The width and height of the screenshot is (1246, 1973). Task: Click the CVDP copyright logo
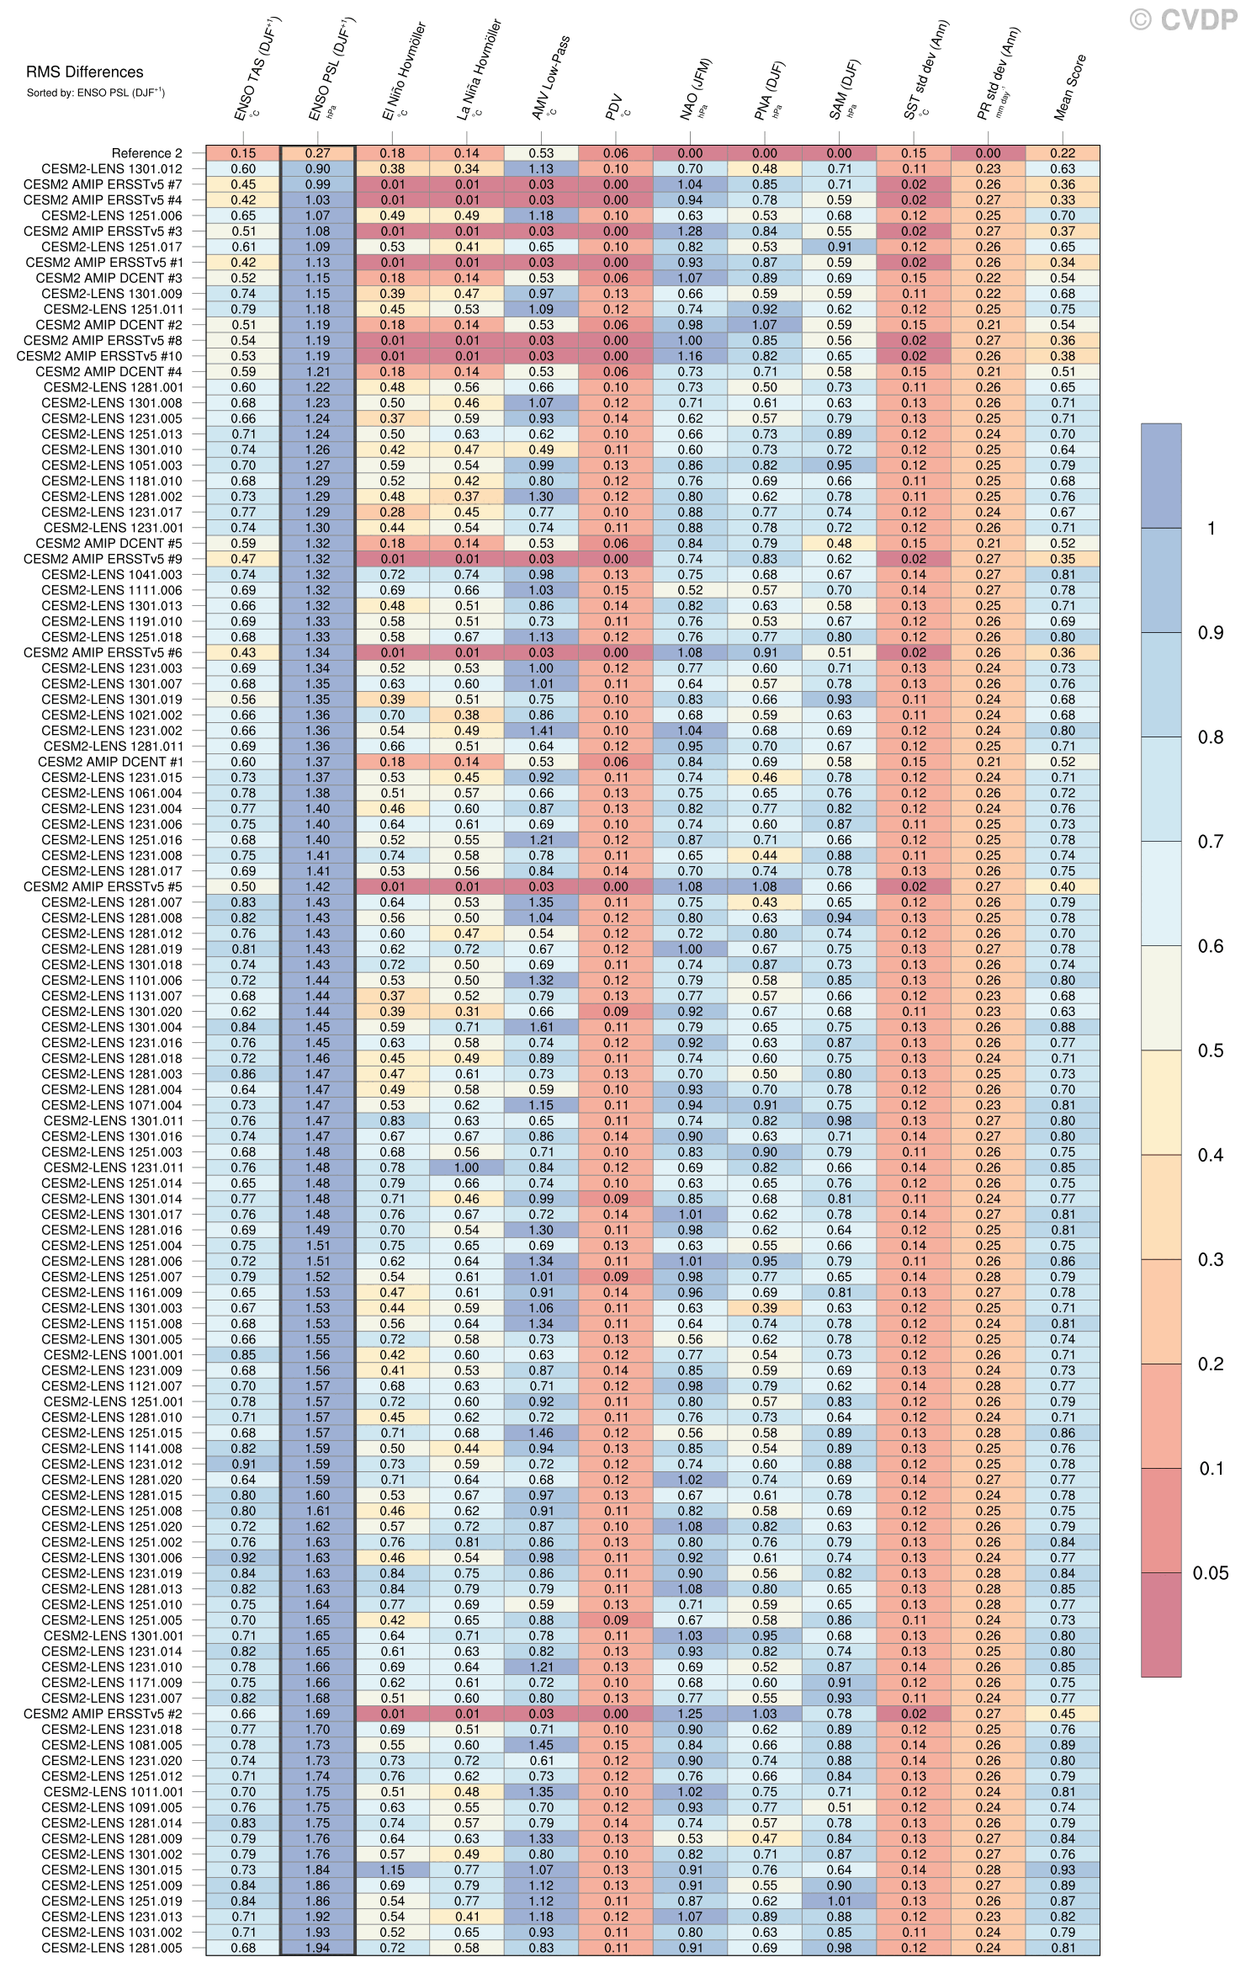pos(1183,19)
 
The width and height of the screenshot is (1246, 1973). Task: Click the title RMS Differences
pos(84,72)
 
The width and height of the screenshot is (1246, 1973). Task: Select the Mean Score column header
pos(1070,88)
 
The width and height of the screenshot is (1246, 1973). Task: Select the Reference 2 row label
pos(146,153)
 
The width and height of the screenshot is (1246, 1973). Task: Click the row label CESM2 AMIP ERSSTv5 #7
pos(103,184)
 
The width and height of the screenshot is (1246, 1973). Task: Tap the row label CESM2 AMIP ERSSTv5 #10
pos(99,356)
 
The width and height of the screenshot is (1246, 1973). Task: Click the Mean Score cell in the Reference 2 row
pos(1062,153)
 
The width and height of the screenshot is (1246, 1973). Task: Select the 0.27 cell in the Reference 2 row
pos(318,153)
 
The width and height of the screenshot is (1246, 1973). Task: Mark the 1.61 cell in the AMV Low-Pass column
pos(541,1027)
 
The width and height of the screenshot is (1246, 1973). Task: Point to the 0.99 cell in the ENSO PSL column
pos(318,184)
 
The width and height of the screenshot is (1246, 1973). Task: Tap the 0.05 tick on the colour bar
pos(1210,1572)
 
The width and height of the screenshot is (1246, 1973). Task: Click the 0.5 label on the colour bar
pos(1210,1050)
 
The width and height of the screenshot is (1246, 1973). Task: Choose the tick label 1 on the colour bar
pos(1212,529)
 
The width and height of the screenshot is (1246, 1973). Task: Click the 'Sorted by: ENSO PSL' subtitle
pos(95,93)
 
